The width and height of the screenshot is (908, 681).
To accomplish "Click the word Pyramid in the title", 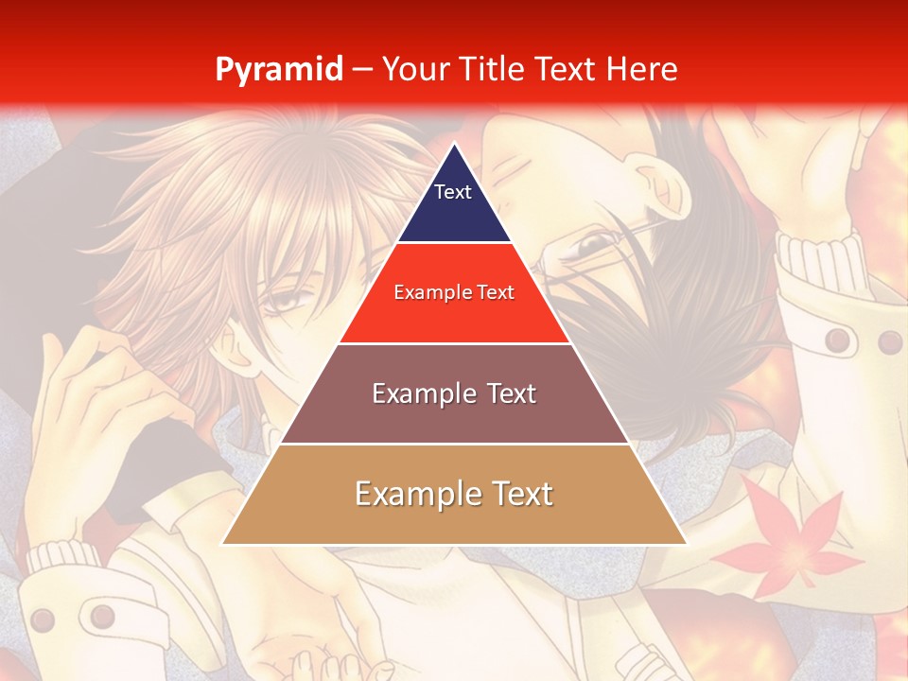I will click(279, 70).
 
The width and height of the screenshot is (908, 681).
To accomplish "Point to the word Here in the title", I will click(641, 69).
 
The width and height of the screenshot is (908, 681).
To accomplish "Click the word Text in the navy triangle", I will click(453, 192).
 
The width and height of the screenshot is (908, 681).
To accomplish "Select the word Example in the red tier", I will click(431, 293).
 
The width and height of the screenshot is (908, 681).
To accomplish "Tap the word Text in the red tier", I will click(495, 293).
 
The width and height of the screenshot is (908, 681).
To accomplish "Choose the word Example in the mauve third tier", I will click(422, 393).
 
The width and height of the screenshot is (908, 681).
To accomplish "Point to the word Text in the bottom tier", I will click(521, 494).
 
